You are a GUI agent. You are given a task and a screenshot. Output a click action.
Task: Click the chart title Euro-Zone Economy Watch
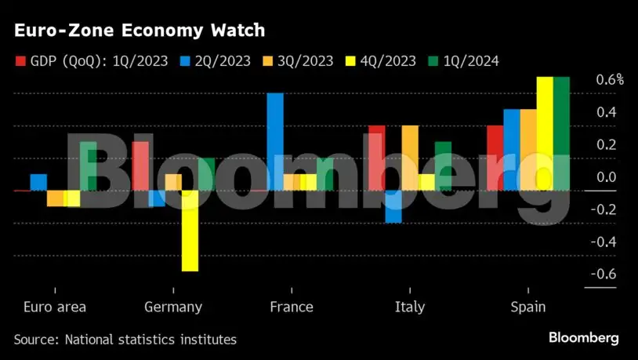coord(139,31)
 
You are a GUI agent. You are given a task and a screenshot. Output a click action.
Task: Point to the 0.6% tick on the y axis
coord(609,79)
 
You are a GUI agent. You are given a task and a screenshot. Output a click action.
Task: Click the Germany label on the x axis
coord(173,307)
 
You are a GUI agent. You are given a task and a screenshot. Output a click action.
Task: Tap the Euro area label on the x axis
coord(55,307)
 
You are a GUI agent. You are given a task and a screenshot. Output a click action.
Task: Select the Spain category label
coord(527,307)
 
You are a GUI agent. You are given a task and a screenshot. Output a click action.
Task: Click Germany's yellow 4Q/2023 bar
coord(190,231)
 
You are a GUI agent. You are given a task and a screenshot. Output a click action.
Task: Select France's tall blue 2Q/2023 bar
coord(275,141)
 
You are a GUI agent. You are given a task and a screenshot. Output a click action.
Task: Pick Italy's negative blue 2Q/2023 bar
coord(393,206)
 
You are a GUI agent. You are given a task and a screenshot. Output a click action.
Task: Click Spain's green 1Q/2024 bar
coord(561,133)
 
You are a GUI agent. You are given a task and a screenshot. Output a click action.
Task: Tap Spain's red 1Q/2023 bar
coord(495,158)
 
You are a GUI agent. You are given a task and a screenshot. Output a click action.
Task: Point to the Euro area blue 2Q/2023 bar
coord(38,182)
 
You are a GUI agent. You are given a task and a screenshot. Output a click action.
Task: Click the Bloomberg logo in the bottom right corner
coord(582,338)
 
